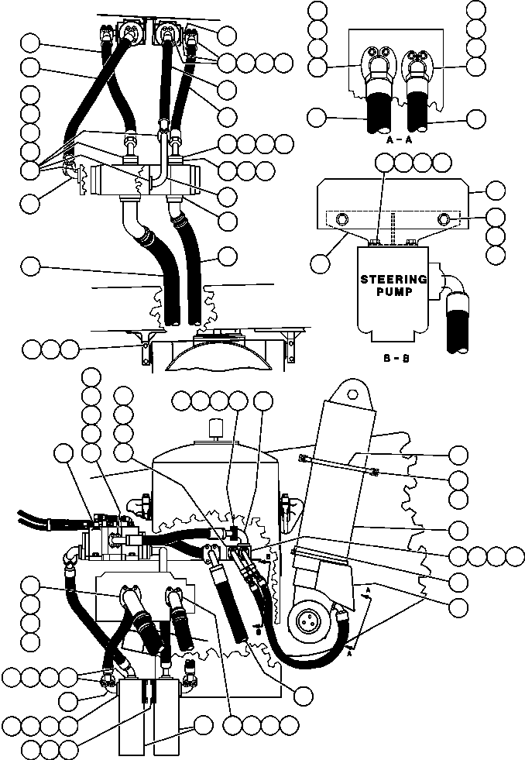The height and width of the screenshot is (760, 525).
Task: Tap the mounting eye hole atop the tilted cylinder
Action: tap(355, 393)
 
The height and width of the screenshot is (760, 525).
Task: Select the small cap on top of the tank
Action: tap(216, 427)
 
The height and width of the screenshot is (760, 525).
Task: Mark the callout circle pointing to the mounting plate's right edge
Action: tap(495, 189)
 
